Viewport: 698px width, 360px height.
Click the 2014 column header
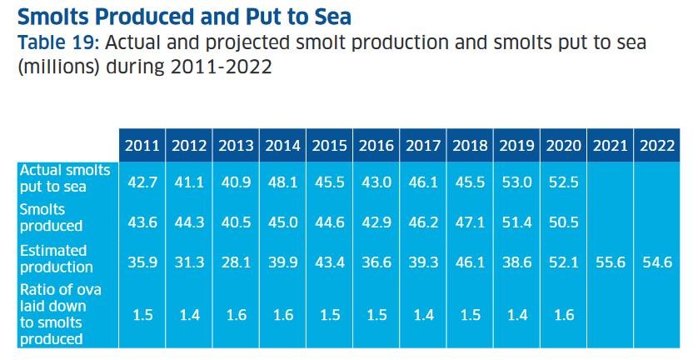click(x=282, y=146)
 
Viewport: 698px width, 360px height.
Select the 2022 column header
click(x=657, y=146)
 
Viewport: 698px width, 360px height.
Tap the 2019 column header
click(x=516, y=146)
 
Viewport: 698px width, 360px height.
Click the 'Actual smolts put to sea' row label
click(x=65, y=178)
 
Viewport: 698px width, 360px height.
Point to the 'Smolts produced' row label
click(x=51, y=217)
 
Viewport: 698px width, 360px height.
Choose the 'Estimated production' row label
click(x=57, y=258)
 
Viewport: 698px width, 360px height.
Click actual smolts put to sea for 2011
click(x=142, y=182)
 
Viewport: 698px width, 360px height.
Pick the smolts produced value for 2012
click(x=189, y=222)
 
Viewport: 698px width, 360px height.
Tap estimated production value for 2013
click(x=236, y=262)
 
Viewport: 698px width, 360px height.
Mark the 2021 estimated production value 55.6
click(x=611, y=262)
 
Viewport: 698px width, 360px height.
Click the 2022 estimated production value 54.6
click(x=657, y=262)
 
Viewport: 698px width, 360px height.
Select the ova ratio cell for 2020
click(x=564, y=315)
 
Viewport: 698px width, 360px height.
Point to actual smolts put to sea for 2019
click(x=516, y=182)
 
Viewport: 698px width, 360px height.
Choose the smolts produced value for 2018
click(x=470, y=222)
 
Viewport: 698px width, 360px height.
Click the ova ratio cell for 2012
click(x=189, y=315)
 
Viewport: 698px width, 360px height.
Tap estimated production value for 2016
click(x=376, y=262)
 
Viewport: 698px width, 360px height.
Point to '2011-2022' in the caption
click(x=221, y=67)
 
